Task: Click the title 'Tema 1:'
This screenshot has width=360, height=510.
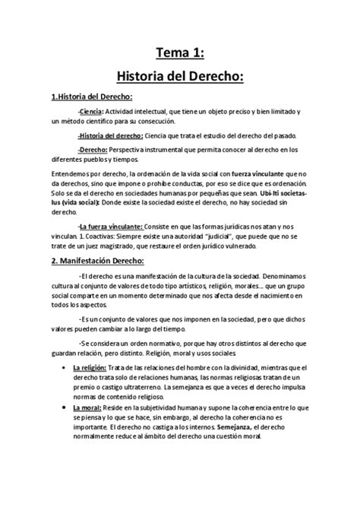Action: click(x=180, y=52)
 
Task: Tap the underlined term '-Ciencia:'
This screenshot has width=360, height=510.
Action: click(x=95, y=112)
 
